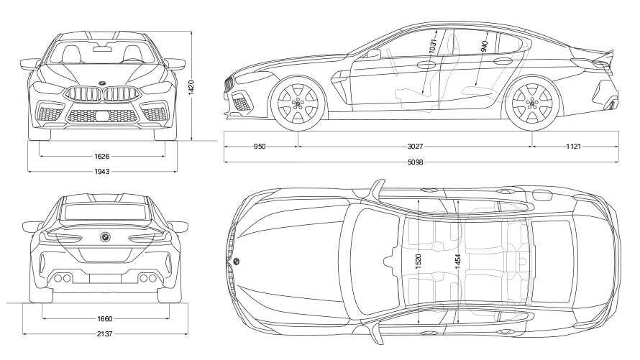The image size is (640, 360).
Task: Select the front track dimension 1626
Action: (101, 155)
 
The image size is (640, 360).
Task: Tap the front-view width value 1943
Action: (101, 171)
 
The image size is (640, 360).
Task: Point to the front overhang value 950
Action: (260, 147)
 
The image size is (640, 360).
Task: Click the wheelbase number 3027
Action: (414, 147)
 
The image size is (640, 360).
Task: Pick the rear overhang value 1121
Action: (573, 147)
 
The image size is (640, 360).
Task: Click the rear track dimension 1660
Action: (105, 318)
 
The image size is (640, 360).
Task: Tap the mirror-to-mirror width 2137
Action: (105, 333)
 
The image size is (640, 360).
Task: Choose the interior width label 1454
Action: (457, 263)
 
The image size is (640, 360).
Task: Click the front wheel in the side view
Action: (298, 104)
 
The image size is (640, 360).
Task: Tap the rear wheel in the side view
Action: (533, 104)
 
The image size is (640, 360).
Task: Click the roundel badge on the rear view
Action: (105, 237)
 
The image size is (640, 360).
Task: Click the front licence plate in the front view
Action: (101, 116)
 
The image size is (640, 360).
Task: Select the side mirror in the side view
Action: (373, 54)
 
